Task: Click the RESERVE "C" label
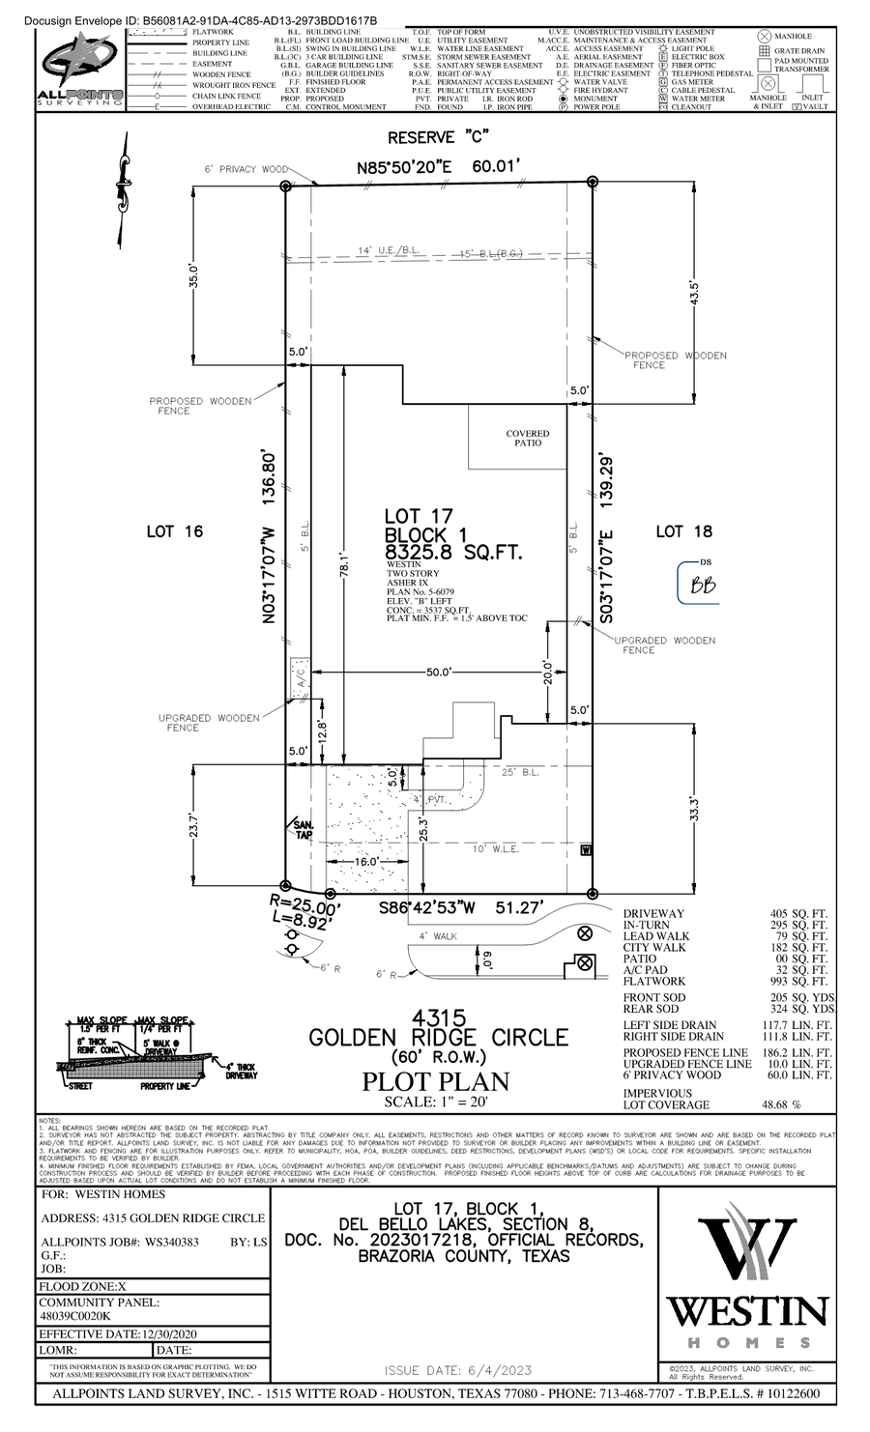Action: [435, 137]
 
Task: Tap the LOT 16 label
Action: [174, 531]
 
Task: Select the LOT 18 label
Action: [683, 531]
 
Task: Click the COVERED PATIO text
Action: [528, 438]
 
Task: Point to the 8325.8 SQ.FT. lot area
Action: [453, 553]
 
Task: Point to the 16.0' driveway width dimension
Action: [365, 861]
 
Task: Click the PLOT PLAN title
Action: [435, 1081]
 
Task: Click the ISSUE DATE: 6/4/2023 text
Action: [457, 1370]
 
